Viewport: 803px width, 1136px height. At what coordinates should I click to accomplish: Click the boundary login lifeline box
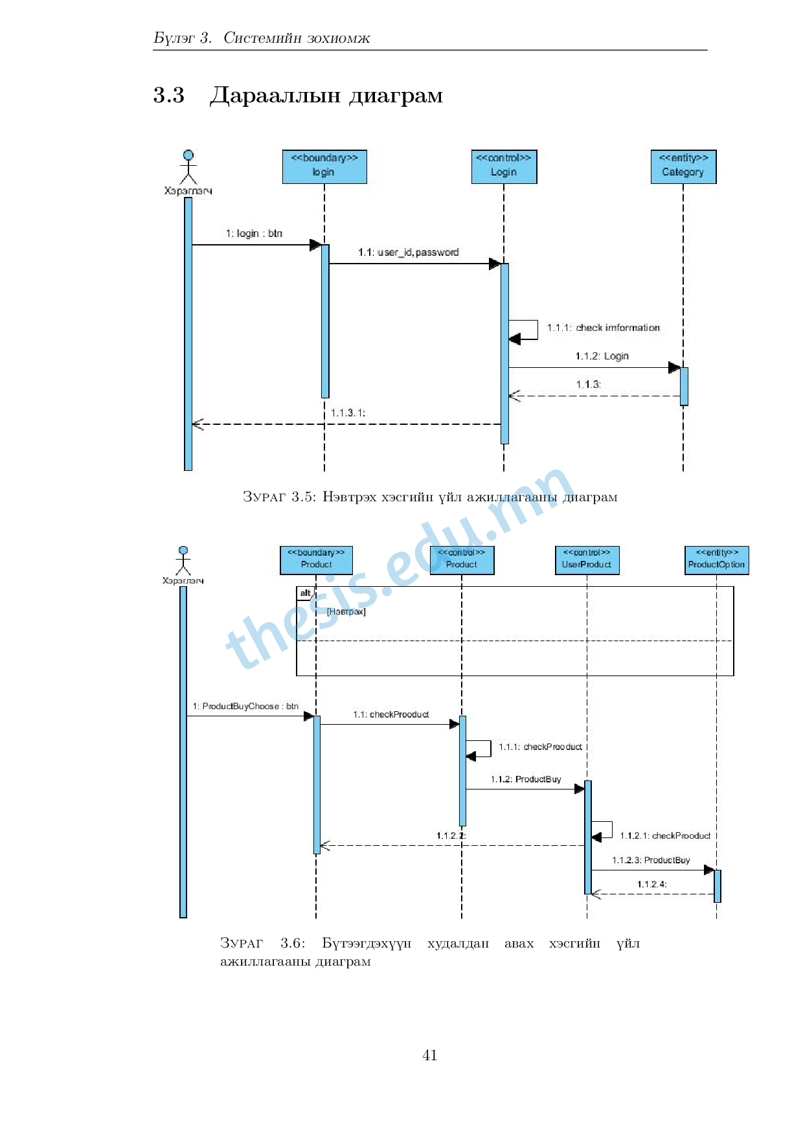click(x=324, y=166)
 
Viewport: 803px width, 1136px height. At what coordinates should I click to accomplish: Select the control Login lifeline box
click(x=504, y=166)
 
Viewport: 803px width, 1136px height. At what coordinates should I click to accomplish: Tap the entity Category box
click(x=683, y=166)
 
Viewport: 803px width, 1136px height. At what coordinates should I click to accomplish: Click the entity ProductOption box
click(x=716, y=560)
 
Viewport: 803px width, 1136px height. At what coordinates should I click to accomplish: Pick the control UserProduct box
click(x=587, y=560)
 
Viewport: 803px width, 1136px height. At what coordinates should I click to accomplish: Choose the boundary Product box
click(x=316, y=560)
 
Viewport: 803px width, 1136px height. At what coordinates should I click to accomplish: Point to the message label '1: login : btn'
click(x=254, y=233)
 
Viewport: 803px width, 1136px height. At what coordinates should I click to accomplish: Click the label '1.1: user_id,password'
click(x=409, y=252)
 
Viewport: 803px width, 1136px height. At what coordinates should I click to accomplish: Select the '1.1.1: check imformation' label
click(x=604, y=328)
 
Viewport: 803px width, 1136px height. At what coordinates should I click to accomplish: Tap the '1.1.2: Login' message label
click(x=602, y=356)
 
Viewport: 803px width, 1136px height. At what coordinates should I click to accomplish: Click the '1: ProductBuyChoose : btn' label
click(x=245, y=706)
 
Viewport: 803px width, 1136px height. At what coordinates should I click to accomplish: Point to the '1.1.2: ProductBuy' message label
click(x=526, y=779)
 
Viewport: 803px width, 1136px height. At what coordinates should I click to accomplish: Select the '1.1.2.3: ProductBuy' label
click(x=651, y=860)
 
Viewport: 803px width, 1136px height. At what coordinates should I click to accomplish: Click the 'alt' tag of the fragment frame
click(x=305, y=593)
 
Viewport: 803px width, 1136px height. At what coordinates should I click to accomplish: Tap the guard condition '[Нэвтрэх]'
click(x=346, y=611)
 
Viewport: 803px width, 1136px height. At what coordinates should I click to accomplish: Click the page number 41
click(x=429, y=1055)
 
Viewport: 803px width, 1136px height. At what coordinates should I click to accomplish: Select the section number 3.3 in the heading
click(x=169, y=95)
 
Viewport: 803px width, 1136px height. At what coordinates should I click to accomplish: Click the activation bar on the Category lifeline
click(x=684, y=386)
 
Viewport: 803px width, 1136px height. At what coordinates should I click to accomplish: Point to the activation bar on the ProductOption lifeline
click(x=717, y=885)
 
